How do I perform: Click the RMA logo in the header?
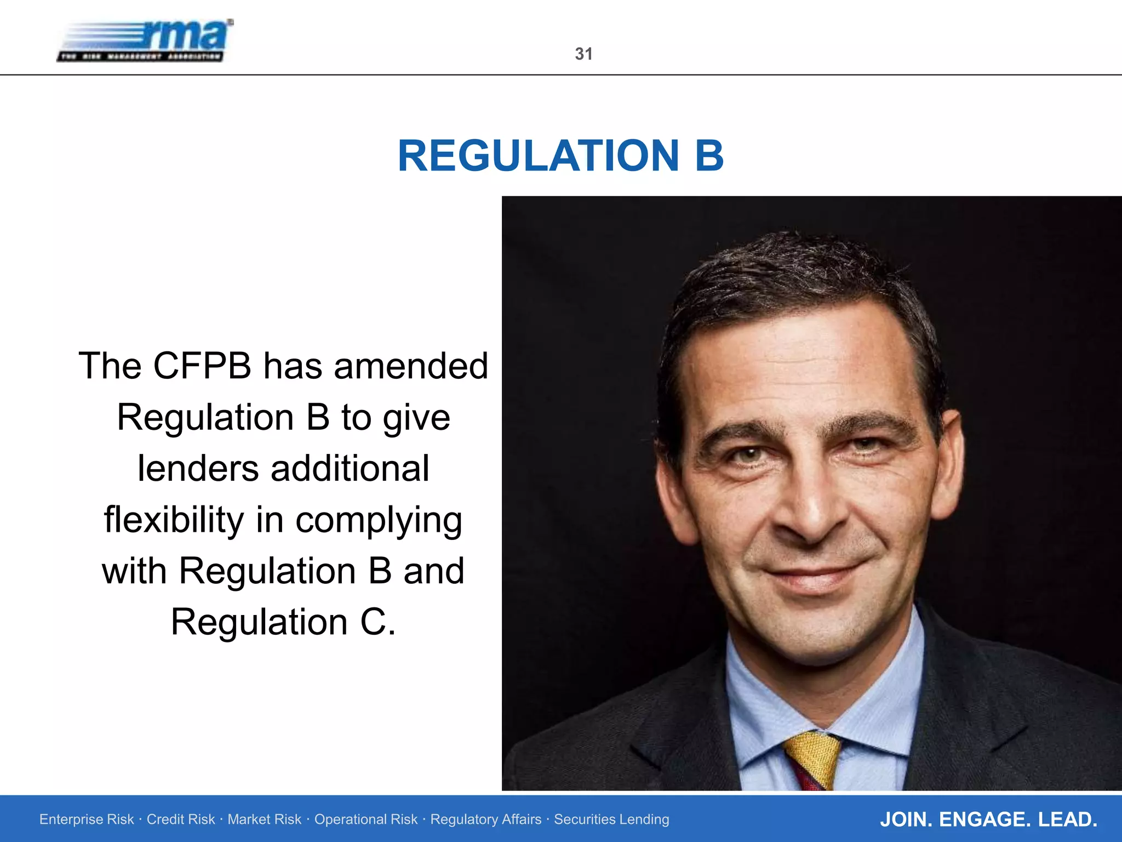(x=146, y=41)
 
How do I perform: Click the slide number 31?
(x=583, y=54)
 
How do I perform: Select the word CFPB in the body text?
(x=202, y=366)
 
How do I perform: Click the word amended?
(x=411, y=366)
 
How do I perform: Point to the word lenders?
(x=198, y=469)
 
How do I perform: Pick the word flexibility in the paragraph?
(x=174, y=520)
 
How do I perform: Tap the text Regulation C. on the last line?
(x=283, y=622)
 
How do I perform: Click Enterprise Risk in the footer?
(x=87, y=819)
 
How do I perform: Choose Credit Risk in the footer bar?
(x=181, y=819)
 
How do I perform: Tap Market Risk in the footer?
(x=264, y=819)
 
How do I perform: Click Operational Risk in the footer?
(x=365, y=819)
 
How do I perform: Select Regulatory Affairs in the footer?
(x=485, y=819)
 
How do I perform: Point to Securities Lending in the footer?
(x=611, y=819)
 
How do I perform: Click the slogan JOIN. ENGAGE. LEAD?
(x=988, y=820)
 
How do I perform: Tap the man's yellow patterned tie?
(x=812, y=759)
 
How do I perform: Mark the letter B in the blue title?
(x=709, y=156)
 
